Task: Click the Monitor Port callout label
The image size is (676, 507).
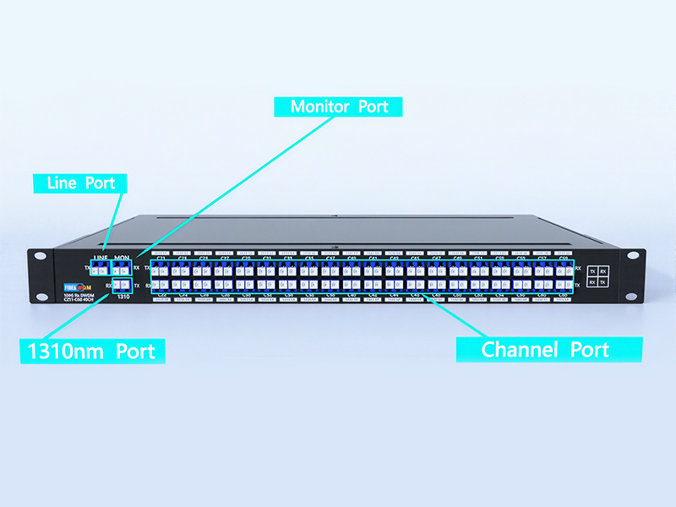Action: (x=338, y=107)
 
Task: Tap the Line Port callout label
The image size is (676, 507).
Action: (x=80, y=183)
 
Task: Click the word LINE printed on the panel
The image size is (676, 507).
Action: (x=101, y=257)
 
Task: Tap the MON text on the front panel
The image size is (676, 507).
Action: (x=123, y=257)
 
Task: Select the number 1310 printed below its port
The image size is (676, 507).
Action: (x=123, y=297)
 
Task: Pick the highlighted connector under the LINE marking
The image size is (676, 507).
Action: (x=101, y=270)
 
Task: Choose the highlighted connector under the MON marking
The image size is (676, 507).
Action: (x=123, y=270)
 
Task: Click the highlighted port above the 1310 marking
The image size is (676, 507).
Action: (x=122, y=286)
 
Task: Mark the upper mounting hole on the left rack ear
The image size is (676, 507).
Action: (x=38, y=257)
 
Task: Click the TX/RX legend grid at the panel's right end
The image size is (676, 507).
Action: (x=597, y=276)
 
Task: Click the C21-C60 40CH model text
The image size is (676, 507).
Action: (x=78, y=299)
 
